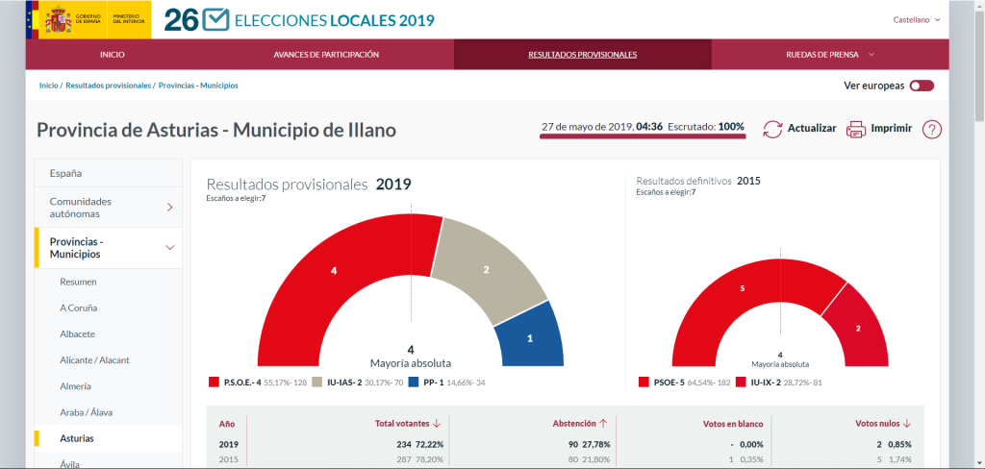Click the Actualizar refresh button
click(799, 129)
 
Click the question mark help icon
click(931, 130)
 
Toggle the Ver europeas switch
click(922, 86)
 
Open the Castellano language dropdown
click(916, 19)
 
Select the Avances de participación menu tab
click(326, 55)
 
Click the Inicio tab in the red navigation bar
click(113, 55)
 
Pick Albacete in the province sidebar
click(77, 333)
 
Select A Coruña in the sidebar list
click(78, 308)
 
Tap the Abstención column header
click(580, 423)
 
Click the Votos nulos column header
click(883, 423)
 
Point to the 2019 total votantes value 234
click(403, 444)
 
